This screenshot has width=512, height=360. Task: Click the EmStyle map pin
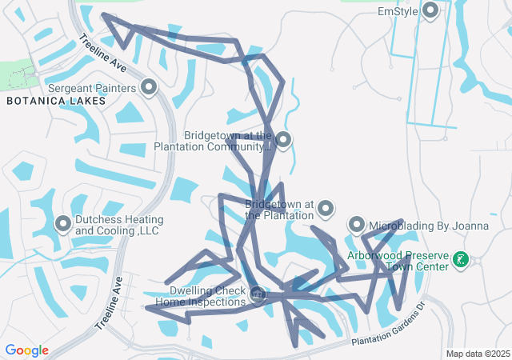click(430, 10)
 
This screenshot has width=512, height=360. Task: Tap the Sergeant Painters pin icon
click(148, 86)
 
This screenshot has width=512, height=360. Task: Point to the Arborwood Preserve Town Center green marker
click(461, 259)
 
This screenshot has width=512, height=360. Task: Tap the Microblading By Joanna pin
click(356, 225)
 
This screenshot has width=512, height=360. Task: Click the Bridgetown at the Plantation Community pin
click(282, 140)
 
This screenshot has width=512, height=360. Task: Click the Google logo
click(26, 350)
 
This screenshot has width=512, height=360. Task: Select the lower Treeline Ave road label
click(110, 305)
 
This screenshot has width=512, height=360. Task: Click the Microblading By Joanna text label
click(430, 226)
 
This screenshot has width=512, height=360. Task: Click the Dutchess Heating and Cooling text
click(119, 226)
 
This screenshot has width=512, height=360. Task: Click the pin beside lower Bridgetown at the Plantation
click(326, 210)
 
